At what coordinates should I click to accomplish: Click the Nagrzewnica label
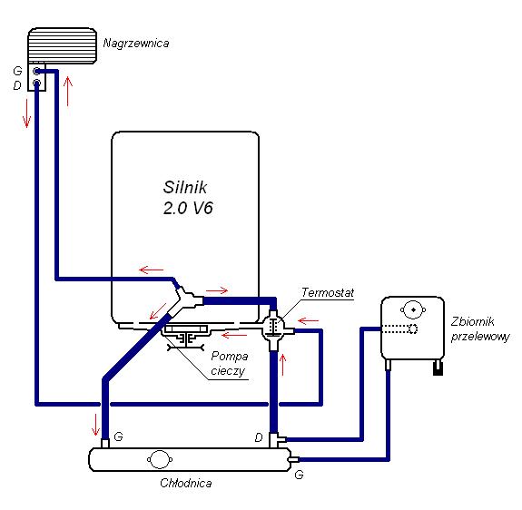[x=136, y=44]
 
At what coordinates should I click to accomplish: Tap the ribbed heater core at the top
[x=63, y=46]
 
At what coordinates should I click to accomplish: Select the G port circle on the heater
[x=36, y=71]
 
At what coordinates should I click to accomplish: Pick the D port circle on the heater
[x=36, y=83]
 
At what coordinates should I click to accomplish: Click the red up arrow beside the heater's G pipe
[x=68, y=91]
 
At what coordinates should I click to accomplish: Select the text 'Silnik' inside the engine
[x=185, y=187]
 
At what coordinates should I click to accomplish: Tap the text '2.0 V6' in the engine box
[x=188, y=208]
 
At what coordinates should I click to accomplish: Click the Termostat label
[x=328, y=293]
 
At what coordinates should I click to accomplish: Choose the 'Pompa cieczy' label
[x=230, y=363]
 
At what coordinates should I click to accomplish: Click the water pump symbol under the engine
[x=186, y=337]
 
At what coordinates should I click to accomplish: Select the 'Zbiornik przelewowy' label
[x=480, y=329]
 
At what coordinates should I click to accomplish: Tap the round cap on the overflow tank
[x=413, y=309]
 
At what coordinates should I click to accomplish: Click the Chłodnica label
[x=186, y=483]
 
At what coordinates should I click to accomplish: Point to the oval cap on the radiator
[x=160, y=460]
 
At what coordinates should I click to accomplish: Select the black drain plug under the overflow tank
[x=438, y=368]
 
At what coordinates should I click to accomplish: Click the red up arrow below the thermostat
[x=283, y=365]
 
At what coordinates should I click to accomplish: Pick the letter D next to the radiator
[x=259, y=437]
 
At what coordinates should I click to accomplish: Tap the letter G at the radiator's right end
[x=299, y=475]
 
